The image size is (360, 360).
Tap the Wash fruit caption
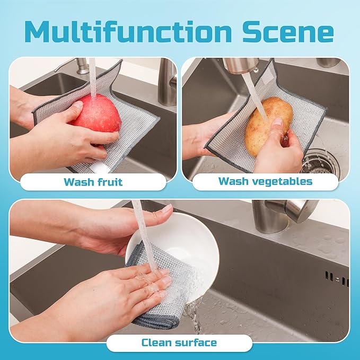coord(93,182)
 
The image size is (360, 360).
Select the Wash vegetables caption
coord(265,182)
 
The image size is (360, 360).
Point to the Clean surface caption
coord(179,343)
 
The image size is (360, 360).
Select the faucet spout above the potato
coord(241,66)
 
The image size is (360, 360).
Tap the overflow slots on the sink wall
coord(336,277)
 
